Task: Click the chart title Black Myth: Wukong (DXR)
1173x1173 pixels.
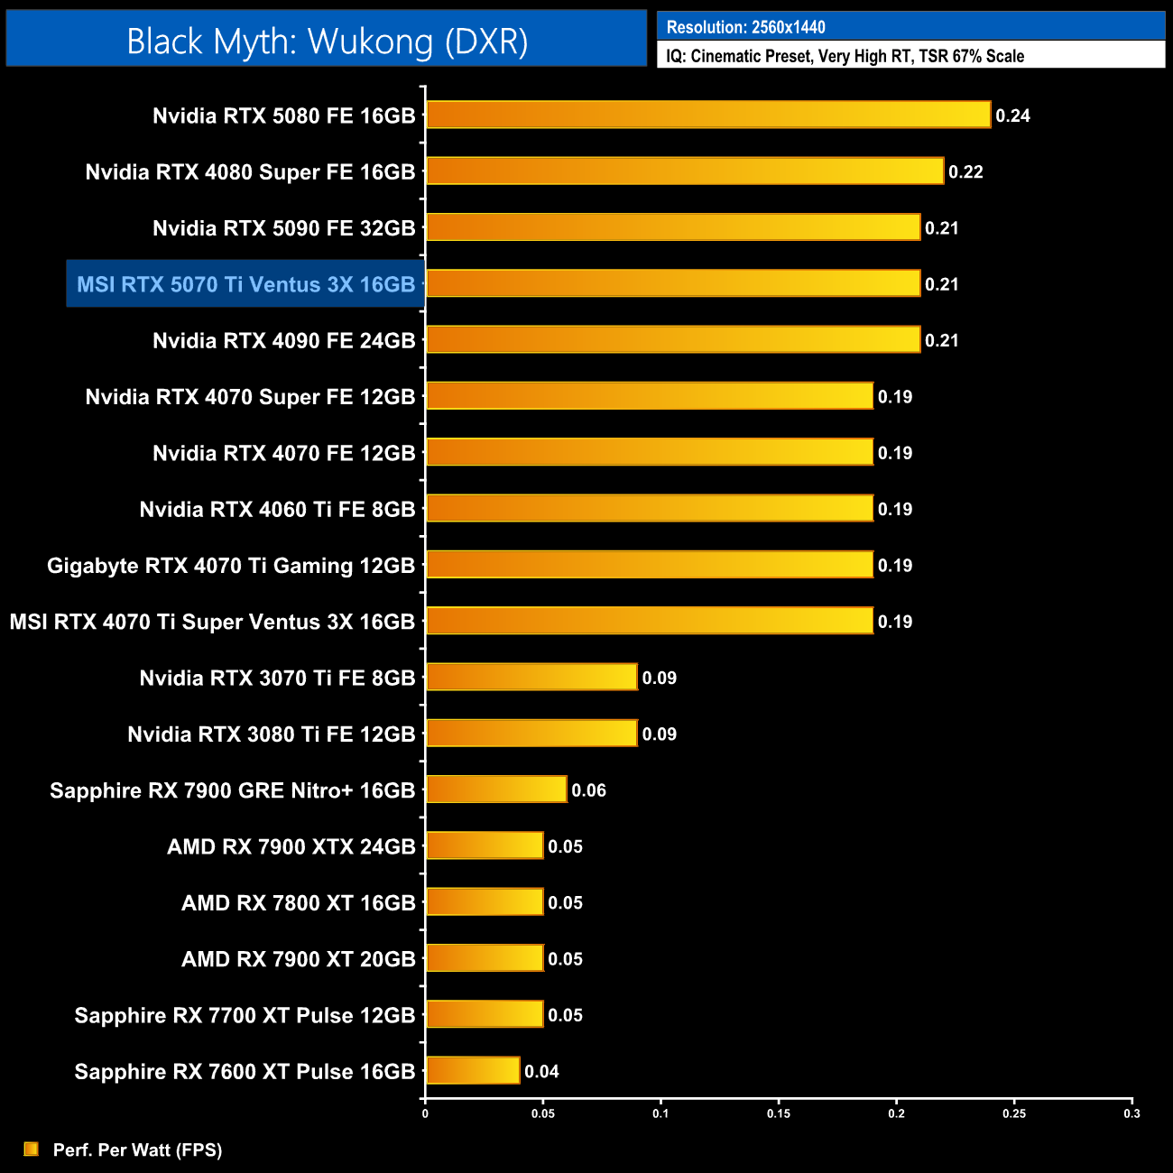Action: (327, 42)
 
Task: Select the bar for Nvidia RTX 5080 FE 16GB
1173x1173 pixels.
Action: (708, 115)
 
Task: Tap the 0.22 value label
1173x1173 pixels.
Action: (965, 171)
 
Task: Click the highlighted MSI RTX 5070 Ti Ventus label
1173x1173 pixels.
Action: (245, 284)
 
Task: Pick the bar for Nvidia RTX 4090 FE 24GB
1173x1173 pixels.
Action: (673, 339)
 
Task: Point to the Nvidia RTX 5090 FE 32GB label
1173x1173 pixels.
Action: (283, 228)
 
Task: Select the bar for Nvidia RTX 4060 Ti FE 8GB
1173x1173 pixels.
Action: (650, 508)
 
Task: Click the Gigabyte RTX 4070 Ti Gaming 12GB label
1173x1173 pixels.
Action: (231, 566)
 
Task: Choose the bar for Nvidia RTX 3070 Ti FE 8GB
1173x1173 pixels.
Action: (531, 677)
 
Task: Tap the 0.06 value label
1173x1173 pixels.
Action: (588, 790)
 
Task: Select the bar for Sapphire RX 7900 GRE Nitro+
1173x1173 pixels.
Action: (496, 790)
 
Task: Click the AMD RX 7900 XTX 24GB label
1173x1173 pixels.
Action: (291, 846)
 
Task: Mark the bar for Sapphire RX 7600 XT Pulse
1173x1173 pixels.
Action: (473, 1070)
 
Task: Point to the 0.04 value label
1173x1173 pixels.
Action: (541, 1071)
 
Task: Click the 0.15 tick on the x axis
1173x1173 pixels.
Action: (779, 1113)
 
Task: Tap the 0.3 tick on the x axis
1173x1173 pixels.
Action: (1131, 1113)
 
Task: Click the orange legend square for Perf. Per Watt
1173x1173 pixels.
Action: (32, 1149)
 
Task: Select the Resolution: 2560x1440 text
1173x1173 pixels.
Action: (745, 27)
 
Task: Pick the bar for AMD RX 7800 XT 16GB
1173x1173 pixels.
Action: (485, 901)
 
